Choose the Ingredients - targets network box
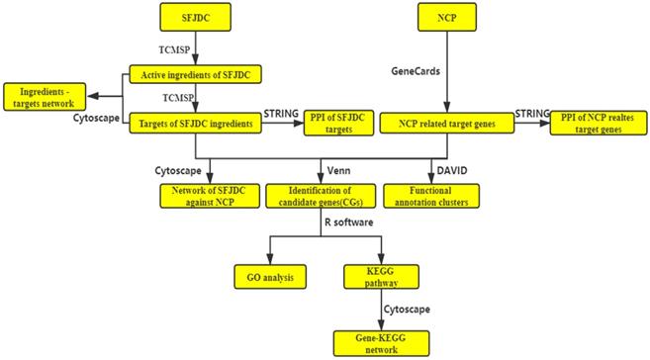tap(44, 97)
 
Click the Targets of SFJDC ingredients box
tap(196, 124)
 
